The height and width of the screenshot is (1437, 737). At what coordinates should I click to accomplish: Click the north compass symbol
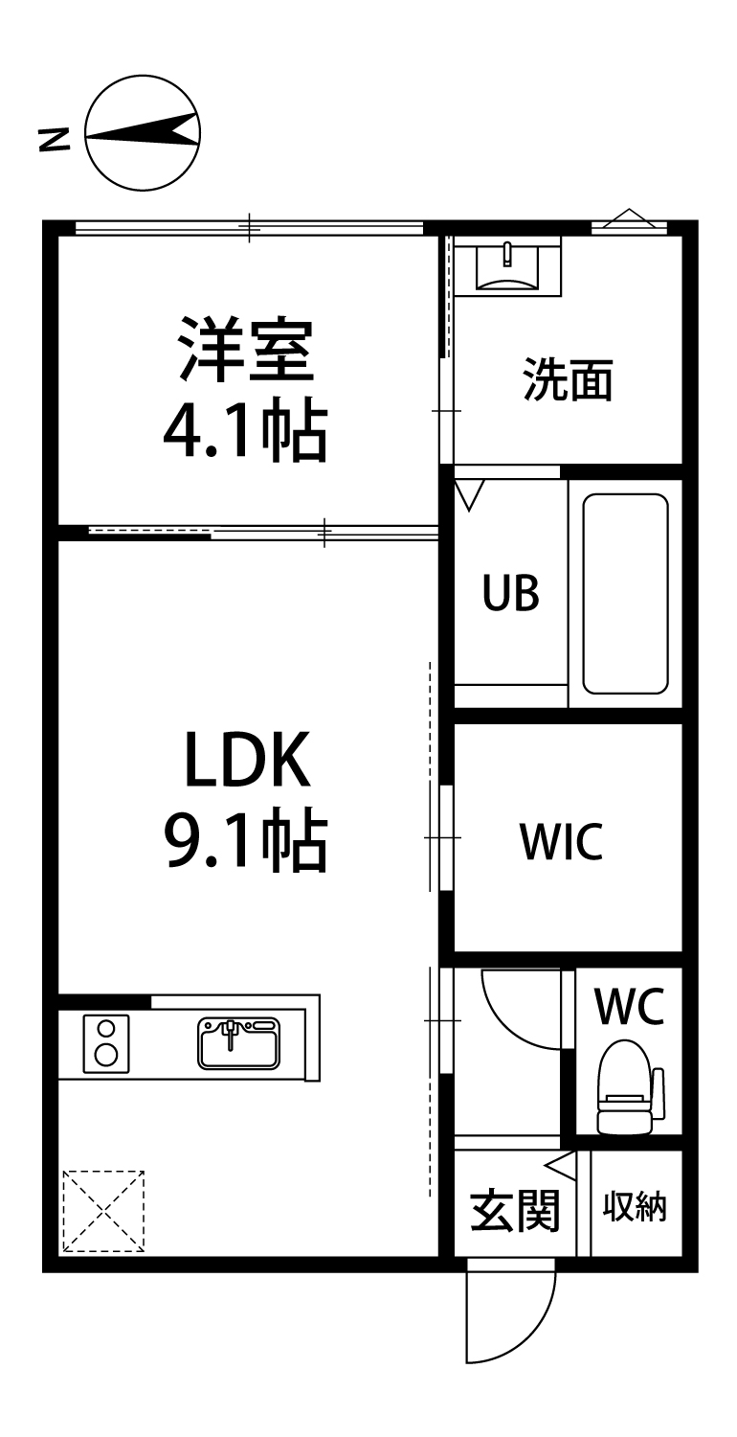143,134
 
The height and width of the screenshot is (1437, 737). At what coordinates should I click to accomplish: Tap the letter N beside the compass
55,140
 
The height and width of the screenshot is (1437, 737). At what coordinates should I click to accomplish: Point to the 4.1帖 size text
245,432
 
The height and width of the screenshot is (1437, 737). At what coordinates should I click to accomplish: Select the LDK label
247,763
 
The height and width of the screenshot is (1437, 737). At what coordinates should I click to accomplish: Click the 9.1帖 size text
247,840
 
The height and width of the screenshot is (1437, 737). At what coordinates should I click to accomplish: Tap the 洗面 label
567,380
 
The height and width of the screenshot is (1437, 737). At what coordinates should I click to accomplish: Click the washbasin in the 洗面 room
506,265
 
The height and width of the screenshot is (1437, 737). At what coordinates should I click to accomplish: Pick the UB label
510,595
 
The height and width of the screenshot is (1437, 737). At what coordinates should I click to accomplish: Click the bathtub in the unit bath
625,593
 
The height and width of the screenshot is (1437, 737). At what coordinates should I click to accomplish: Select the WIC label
561,842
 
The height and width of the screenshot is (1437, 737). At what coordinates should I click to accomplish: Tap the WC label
629,1005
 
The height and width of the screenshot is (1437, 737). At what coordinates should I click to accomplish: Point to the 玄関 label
514,1211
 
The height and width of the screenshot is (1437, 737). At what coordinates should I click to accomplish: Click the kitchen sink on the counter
238,1042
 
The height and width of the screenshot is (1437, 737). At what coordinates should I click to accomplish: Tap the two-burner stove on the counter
106,1042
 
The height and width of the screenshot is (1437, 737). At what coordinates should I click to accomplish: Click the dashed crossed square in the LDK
103,1211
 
